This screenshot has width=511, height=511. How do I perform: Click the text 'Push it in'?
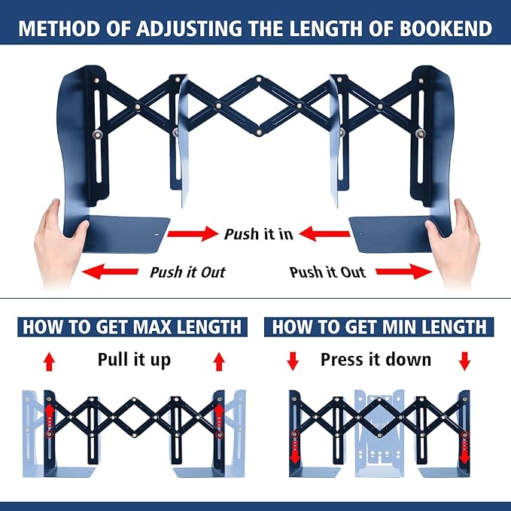[x=258, y=234]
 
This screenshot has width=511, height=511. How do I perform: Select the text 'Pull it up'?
[x=134, y=360]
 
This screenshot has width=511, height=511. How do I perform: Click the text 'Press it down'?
[x=376, y=360]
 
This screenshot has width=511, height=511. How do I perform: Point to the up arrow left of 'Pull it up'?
[x=49, y=362]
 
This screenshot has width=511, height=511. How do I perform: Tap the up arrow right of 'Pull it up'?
[x=219, y=362]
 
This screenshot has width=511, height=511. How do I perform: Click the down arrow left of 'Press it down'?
[x=293, y=361]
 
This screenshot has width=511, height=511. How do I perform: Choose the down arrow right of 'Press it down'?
[x=464, y=361]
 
